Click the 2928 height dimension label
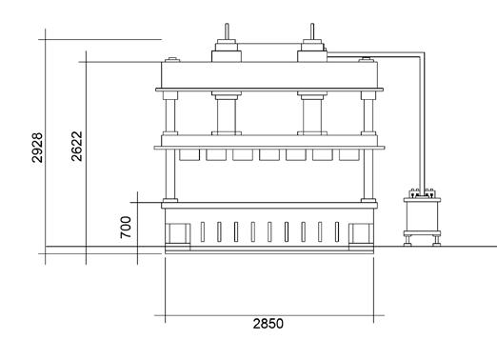(x=37, y=148)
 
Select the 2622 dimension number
(x=76, y=146)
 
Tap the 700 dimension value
(x=126, y=228)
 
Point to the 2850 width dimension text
(x=268, y=324)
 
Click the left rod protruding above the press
(x=227, y=31)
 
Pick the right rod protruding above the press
(x=312, y=31)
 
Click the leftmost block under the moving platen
(x=189, y=155)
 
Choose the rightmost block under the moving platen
(x=349, y=155)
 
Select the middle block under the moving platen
(x=269, y=155)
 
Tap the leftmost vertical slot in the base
(x=203, y=231)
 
